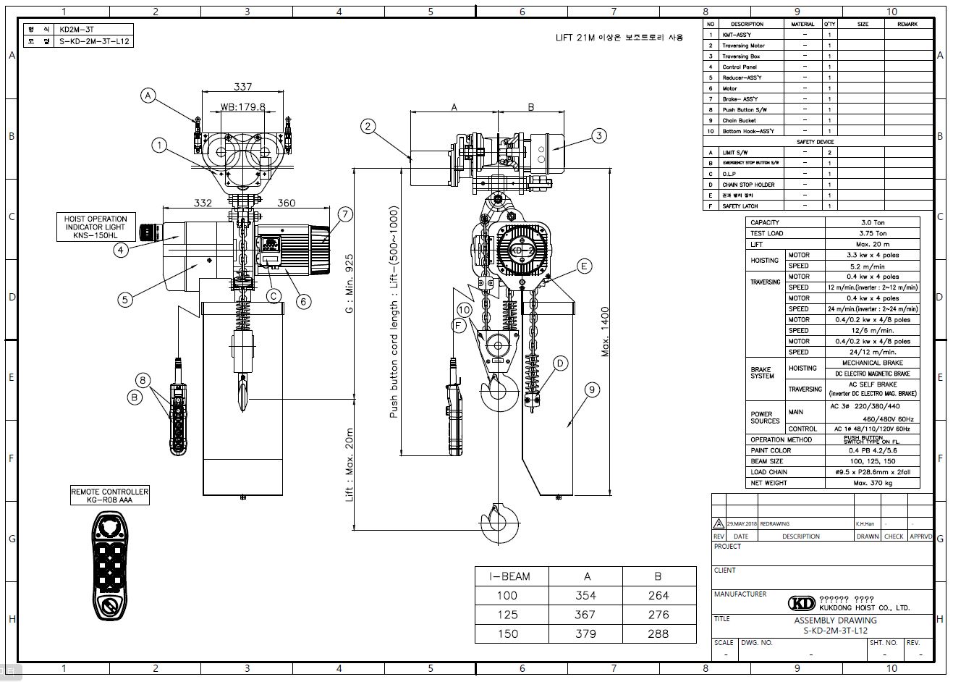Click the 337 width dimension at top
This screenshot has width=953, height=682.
click(243, 87)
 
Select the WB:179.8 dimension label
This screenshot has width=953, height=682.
click(242, 106)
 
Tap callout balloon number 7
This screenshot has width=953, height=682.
click(344, 214)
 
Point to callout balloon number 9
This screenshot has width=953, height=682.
click(592, 390)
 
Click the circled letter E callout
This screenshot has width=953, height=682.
click(584, 266)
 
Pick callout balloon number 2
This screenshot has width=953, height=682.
click(368, 127)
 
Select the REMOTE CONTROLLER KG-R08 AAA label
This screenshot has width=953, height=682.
click(110, 495)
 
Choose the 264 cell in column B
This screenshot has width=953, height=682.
click(657, 595)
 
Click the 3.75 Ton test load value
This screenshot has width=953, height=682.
click(871, 233)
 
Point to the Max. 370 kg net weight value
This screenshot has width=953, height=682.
click(871, 483)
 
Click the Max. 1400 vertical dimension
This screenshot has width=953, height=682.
click(606, 332)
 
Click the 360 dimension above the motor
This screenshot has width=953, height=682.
click(286, 203)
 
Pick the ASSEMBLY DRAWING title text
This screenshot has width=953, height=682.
click(835, 620)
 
